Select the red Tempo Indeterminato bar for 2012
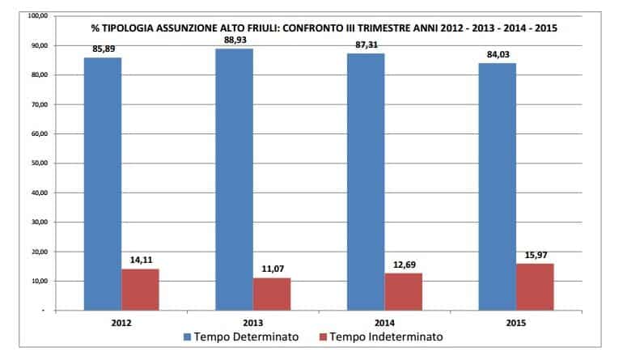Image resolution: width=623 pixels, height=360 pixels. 140,290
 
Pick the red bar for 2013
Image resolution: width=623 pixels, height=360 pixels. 271,294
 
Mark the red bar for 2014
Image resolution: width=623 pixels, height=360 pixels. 403,291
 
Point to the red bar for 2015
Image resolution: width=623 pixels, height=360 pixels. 534,286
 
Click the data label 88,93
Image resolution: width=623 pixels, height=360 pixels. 234,39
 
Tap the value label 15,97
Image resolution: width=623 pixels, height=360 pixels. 536,255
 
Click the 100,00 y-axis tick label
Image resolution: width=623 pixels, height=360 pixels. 36,16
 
